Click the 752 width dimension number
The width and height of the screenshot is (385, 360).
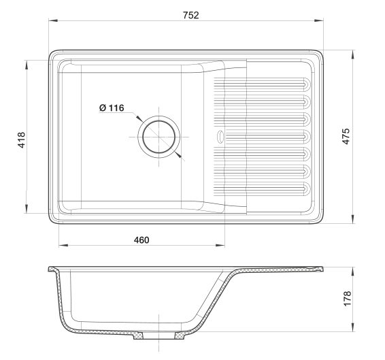(190, 15)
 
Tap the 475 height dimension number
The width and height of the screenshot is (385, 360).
(346, 136)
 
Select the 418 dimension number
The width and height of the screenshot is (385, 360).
(21, 140)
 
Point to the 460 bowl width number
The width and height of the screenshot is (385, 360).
(141, 240)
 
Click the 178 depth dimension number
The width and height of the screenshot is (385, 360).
(348, 299)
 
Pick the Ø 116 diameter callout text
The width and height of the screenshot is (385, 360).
(112, 108)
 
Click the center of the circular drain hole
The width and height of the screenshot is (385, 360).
(159, 137)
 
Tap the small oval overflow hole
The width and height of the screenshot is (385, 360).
(220, 137)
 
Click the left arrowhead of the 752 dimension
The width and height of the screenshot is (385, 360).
(53, 20)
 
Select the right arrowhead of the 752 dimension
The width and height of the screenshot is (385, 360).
(319, 20)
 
